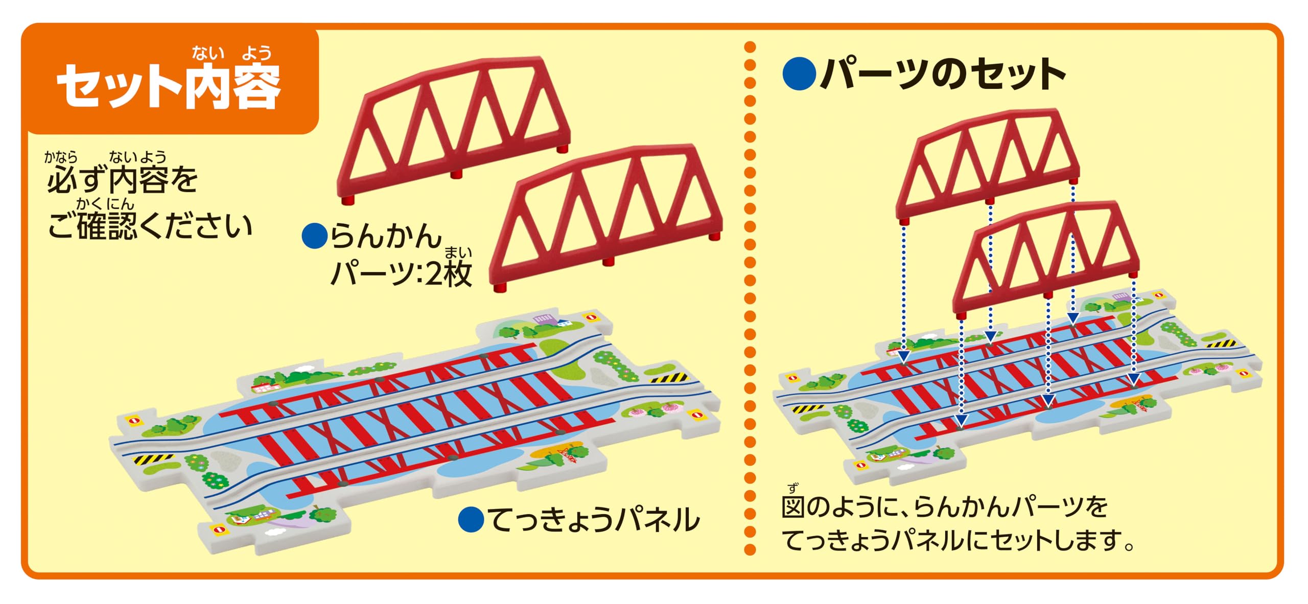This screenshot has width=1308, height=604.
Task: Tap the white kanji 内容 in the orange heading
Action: [x=232, y=87]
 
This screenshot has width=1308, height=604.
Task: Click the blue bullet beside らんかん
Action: [x=314, y=236]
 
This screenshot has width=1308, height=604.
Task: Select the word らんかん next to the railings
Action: [x=386, y=236]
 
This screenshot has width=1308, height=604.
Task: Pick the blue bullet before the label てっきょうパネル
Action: [x=471, y=520]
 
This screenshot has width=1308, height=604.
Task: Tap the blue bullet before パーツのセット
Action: [x=799, y=75]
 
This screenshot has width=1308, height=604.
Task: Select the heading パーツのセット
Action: [x=943, y=75]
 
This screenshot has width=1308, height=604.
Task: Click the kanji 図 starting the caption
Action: [x=793, y=507]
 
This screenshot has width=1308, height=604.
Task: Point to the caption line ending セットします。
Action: [x=959, y=540]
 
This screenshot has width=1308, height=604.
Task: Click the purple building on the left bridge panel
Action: [x=544, y=319]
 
